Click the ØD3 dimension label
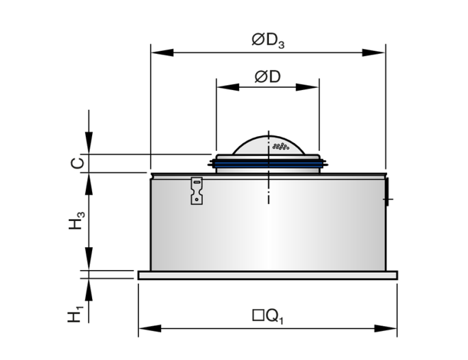pos(268,40)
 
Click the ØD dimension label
pos(268,77)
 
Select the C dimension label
pos(77,163)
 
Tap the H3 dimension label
pos(77,220)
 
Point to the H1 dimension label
pos(75,313)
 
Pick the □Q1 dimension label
pos(268,316)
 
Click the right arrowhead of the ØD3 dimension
pos(374,52)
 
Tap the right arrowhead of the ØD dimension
pos(307,87)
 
